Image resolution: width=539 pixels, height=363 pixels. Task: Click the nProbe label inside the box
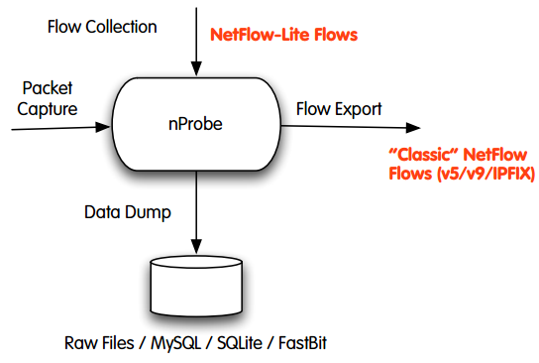pyautogui.click(x=198, y=127)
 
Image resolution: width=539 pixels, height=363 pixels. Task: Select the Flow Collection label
pyautogui.click(x=102, y=26)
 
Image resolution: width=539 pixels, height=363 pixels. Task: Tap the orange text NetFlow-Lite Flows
pyautogui.click(x=283, y=35)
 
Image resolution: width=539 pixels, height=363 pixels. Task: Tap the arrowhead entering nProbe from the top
pyautogui.click(x=198, y=69)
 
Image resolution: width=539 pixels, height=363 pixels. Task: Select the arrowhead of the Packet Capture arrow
pyautogui.click(x=106, y=127)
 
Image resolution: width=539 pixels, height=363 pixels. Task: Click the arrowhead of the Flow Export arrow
pyautogui.click(x=415, y=127)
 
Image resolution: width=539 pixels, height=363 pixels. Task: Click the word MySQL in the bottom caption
pyautogui.click(x=179, y=344)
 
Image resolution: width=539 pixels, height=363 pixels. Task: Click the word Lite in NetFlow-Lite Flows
pyautogui.click(x=294, y=35)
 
